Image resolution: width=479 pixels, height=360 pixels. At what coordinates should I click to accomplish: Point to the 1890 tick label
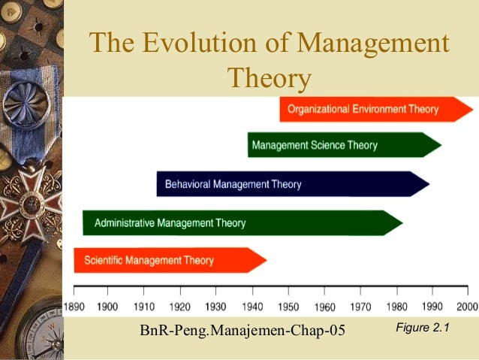tap(74, 307)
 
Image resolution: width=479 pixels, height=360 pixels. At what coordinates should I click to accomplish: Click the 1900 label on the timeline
tap(107, 307)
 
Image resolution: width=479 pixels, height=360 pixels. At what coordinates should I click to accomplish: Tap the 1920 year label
tap(179, 307)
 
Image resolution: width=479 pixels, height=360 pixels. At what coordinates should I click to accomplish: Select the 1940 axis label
tap(252, 307)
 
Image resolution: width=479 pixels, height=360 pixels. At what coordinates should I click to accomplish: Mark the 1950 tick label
tap(288, 307)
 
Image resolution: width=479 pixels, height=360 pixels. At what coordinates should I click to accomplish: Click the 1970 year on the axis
tap(360, 307)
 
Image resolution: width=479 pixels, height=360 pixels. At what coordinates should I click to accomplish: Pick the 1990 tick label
tap(432, 307)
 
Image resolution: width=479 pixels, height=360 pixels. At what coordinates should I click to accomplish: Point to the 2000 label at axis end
tap(466, 307)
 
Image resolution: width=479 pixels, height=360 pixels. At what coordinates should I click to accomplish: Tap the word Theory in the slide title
tap(268, 77)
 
